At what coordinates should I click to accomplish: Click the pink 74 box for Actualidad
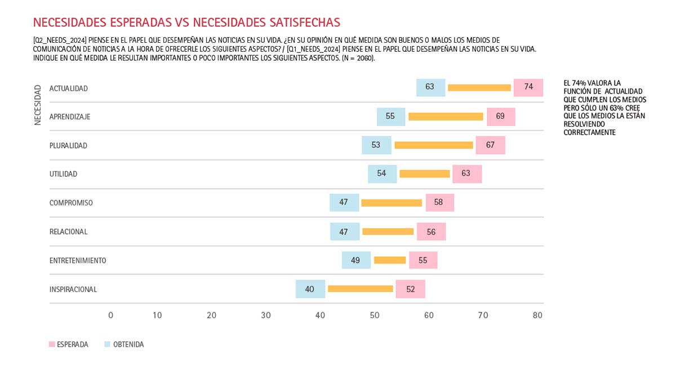click(528, 87)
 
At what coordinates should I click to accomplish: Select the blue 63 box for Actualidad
click(430, 87)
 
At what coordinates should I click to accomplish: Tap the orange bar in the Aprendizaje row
click(446, 116)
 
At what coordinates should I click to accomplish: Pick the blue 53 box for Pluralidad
click(376, 145)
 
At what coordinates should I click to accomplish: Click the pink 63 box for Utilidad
click(466, 174)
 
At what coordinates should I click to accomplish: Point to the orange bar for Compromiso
click(392, 203)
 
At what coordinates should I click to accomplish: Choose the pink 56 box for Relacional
click(431, 232)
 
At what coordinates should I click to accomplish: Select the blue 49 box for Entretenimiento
click(355, 261)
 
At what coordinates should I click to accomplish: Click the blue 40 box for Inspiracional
click(310, 289)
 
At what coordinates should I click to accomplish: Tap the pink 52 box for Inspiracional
click(410, 289)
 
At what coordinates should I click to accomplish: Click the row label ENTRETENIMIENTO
click(78, 261)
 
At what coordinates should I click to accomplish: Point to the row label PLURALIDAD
click(68, 145)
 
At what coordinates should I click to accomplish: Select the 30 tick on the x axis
click(266, 316)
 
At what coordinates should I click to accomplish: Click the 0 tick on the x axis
click(110, 316)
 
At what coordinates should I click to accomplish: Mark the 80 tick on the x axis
click(537, 316)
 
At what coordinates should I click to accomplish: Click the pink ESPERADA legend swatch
click(52, 344)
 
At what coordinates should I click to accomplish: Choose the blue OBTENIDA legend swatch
click(108, 344)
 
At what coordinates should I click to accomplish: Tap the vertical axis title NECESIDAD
click(38, 105)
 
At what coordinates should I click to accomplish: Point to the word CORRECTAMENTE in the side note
click(589, 133)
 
